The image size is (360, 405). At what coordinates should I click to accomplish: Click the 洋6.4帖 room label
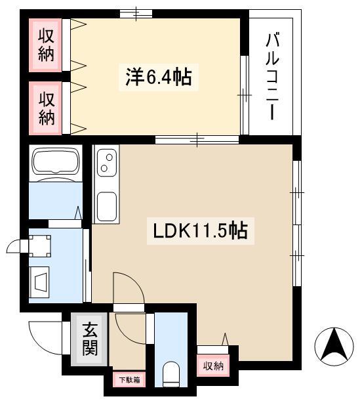[x=159, y=77]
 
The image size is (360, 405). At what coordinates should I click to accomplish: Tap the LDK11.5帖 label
[x=201, y=230]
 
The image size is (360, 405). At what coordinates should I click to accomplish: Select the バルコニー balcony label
[x=272, y=76]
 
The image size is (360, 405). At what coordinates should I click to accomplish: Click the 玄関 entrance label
[x=90, y=339]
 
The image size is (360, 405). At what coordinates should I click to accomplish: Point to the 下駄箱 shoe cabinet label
[x=129, y=379]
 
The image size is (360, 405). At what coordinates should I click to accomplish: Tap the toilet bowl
[x=171, y=374]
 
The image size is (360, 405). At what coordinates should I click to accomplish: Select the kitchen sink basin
[x=107, y=206]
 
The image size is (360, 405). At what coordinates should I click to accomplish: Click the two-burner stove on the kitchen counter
[x=107, y=163]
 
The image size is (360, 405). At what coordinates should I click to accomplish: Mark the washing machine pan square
[x=39, y=246]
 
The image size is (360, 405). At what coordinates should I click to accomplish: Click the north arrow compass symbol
[x=334, y=347]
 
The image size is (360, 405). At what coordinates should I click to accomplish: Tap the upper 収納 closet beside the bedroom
[x=45, y=45]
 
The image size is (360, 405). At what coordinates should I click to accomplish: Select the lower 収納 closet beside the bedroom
[x=45, y=108]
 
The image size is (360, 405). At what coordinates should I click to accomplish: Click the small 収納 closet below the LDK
[x=213, y=366]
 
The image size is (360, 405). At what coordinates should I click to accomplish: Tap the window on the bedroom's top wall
[x=136, y=14]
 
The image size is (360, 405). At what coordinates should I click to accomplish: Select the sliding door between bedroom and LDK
[x=197, y=139]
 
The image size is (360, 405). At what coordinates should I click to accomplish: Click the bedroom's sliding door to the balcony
[x=245, y=95]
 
